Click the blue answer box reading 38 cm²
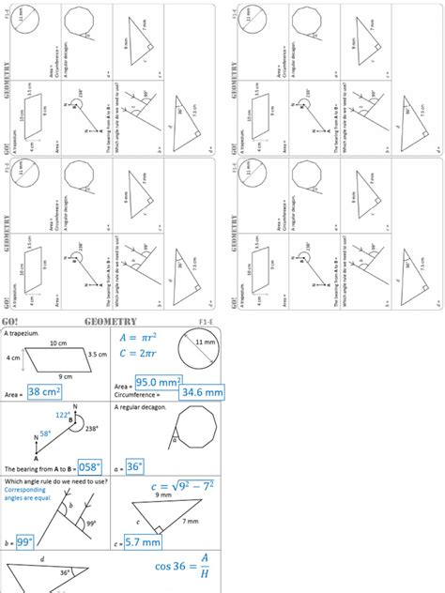44,391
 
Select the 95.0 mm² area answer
159,383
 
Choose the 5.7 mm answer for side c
146,541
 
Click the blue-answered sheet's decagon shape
191,434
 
